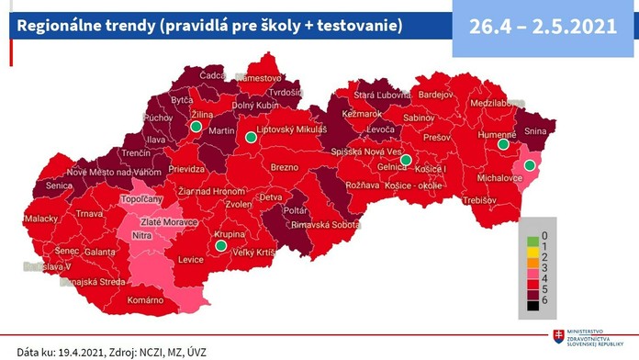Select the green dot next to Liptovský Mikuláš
point(251,138)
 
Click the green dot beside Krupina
point(219,245)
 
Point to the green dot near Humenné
point(502,144)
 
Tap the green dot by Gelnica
point(405,159)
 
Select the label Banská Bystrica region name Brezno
point(285,167)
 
